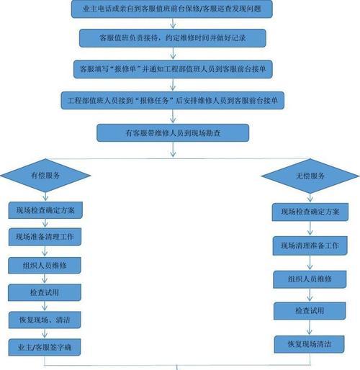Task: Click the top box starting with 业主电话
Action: coord(172,9)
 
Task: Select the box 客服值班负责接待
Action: coord(173,38)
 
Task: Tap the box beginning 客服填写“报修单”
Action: coord(173,69)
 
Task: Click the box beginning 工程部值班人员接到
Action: coord(173,100)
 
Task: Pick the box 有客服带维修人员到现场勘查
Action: coord(173,132)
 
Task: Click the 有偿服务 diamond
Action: coord(45,176)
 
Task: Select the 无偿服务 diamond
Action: coord(310,176)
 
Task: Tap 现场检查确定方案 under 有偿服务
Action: coord(45,210)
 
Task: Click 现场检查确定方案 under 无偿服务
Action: coord(310,212)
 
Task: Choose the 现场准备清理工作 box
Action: coord(45,237)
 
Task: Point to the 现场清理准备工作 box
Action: coord(310,245)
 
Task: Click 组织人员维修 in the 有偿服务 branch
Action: coord(45,266)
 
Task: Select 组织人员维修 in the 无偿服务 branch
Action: coord(310,279)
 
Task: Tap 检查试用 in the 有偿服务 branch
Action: coord(45,292)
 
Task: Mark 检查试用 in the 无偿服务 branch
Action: coord(310,311)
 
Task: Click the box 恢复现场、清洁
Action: coord(45,320)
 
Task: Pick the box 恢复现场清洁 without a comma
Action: coord(310,344)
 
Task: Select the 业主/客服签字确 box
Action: coord(45,347)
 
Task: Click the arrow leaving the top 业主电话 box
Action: coord(173,23)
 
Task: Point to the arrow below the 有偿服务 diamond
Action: coord(45,197)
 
